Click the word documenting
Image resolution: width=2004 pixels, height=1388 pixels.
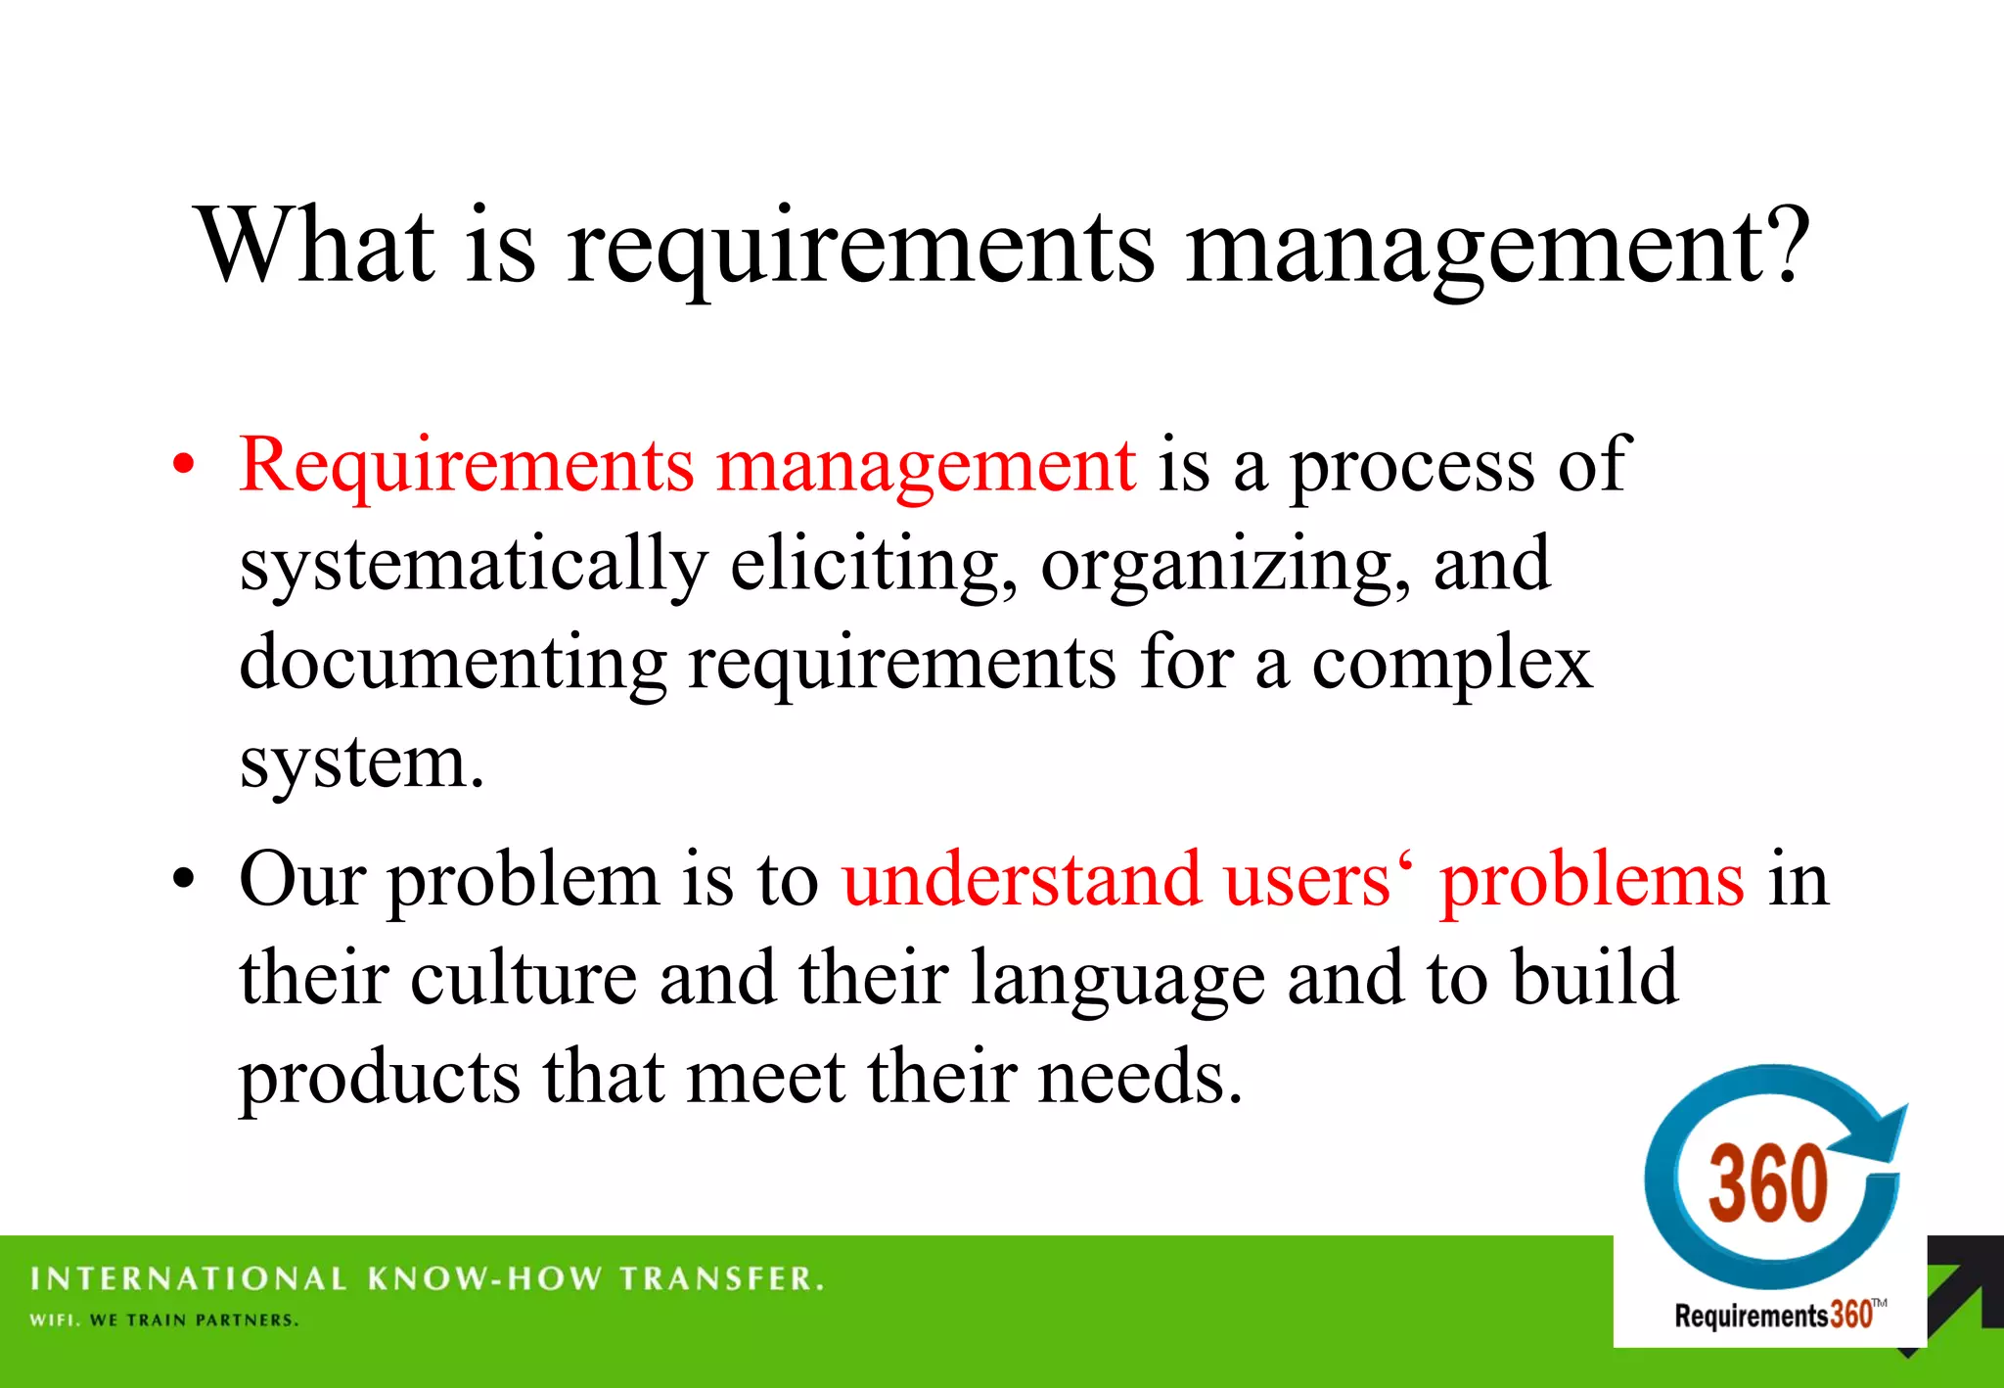point(452,664)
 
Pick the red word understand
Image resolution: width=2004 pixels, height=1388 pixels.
point(1021,879)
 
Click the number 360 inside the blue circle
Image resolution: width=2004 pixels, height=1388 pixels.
point(1767,1183)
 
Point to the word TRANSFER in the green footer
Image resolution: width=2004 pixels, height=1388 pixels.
point(722,1278)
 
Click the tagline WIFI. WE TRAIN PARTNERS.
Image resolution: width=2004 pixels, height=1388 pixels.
point(163,1320)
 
